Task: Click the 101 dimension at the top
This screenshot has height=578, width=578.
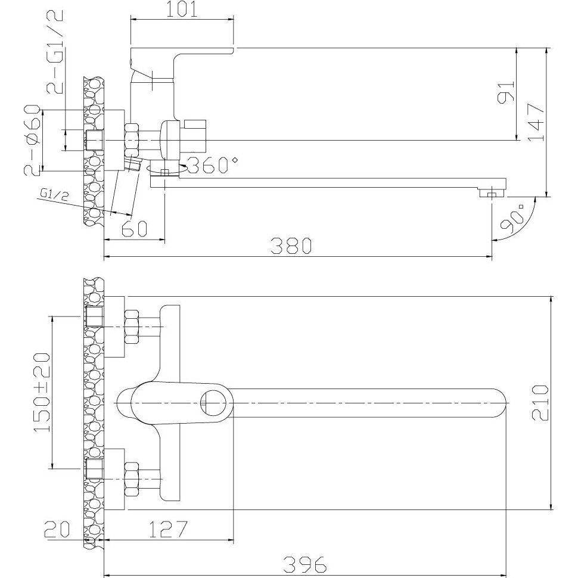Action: [x=182, y=10]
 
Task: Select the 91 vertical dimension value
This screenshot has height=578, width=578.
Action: [x=506, y=92]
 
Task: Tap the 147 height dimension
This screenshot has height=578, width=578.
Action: [x=536, y=122]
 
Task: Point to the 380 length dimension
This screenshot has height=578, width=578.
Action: [x=291, y=246]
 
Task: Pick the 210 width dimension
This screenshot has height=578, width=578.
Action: [x=540, y=403]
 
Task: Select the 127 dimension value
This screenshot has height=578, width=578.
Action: [x=168, y=529]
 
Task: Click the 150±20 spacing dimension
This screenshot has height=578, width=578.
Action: [x=42, y=392]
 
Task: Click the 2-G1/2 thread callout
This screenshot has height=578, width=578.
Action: [x=55, y=52]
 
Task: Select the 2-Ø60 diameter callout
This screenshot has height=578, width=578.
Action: [x=32, y=139]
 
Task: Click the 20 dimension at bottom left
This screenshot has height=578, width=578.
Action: [x=57, y=530]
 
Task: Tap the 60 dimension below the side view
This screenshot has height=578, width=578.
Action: [x=135, y=229]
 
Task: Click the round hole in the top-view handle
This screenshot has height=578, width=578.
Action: [x=213, y=403]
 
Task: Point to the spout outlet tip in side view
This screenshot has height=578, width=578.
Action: [x=492, y=193]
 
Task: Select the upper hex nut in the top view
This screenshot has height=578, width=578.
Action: [x=132, y=327]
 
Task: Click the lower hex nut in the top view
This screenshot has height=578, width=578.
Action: [x=132, y=479]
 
